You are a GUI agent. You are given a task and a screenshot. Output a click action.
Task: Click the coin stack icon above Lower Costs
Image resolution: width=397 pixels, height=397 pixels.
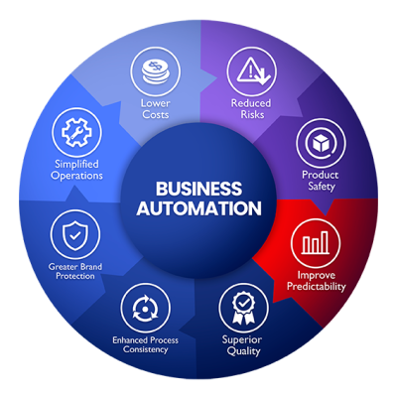coord(156,71)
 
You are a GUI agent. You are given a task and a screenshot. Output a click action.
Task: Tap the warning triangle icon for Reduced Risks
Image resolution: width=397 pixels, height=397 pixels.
coord(253,70)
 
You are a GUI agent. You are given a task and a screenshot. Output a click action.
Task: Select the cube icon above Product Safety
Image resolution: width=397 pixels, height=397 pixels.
coord(321,144)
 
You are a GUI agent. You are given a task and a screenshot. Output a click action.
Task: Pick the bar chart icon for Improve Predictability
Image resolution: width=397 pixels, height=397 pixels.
coord(316,242)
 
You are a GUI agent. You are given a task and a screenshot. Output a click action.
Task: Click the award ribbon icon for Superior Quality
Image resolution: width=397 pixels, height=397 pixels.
coord(243,308)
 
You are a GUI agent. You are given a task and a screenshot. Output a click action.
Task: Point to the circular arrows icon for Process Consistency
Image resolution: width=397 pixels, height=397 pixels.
coord(145,309)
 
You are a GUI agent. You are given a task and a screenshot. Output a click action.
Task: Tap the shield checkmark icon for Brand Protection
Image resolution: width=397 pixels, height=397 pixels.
coord(75,235)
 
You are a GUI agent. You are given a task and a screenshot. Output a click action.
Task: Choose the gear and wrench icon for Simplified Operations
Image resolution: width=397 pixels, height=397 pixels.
coord(76,132)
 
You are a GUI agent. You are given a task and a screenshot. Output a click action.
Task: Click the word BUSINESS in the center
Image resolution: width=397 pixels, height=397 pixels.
coord(198,189)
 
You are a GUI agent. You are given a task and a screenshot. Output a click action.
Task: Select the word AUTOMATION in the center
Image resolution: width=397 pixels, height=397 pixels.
coord(198,208)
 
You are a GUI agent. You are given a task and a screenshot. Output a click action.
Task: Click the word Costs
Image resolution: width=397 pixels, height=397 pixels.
coord(156,115)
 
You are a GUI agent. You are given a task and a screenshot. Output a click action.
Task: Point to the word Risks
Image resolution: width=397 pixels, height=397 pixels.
coord(252,115)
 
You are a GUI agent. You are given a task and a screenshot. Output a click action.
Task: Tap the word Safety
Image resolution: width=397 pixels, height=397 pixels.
coord(322,187)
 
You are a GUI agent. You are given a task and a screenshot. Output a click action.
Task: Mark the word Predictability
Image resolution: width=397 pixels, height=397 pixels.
coord(317,287)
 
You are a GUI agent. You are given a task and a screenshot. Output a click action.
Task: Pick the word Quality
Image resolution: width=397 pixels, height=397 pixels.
coord(244,351)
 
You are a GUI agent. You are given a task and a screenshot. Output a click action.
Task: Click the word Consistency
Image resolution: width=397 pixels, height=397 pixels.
coord(145,349)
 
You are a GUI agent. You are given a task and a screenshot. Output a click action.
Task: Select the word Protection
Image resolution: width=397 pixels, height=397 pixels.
coord(75,276)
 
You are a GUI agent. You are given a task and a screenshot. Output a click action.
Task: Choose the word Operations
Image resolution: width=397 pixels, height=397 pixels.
coord(76,176)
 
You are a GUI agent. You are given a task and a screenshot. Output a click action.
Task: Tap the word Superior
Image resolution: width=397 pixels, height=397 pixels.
coord(242,339)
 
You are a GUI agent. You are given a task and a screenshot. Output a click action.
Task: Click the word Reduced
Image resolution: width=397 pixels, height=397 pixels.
coord(251,103)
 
